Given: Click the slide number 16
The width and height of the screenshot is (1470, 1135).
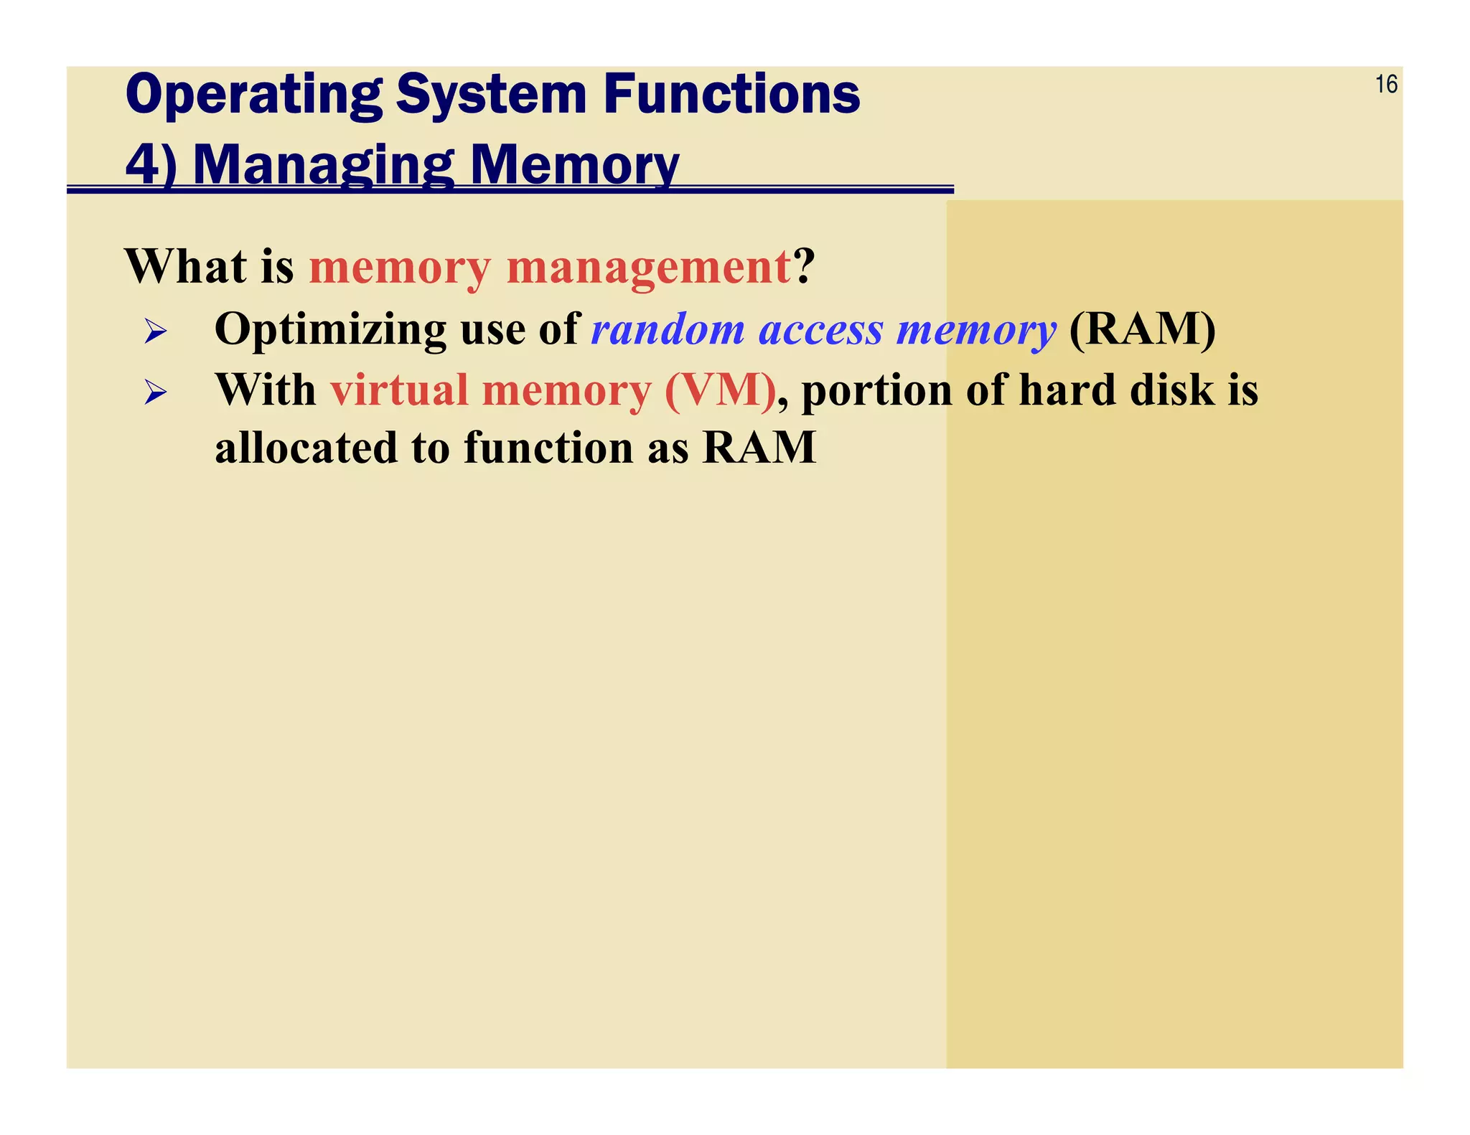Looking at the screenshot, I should tap(1385, 85).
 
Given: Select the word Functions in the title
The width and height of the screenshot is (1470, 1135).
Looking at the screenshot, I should tap(731, 95).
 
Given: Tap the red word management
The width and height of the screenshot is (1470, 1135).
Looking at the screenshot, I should tap(648, 268).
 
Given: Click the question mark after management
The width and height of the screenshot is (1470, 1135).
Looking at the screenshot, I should tap(804, 266).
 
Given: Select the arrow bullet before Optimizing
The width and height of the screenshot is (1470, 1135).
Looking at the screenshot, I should tap(155, 331).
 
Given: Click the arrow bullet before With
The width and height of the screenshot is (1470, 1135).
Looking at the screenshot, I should tap(155, 392).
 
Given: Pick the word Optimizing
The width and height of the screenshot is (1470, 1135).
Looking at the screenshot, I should tap(330, 330).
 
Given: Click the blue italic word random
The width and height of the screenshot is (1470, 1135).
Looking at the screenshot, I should tap(668, 330).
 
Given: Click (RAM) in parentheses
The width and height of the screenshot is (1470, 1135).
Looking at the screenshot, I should tap(1142, 330).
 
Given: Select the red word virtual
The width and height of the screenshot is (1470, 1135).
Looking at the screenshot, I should tap(399, 391).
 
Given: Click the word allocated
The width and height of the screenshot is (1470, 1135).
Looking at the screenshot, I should tap(306, 448).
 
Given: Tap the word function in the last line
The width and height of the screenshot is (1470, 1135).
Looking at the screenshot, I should tap(548, 448).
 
